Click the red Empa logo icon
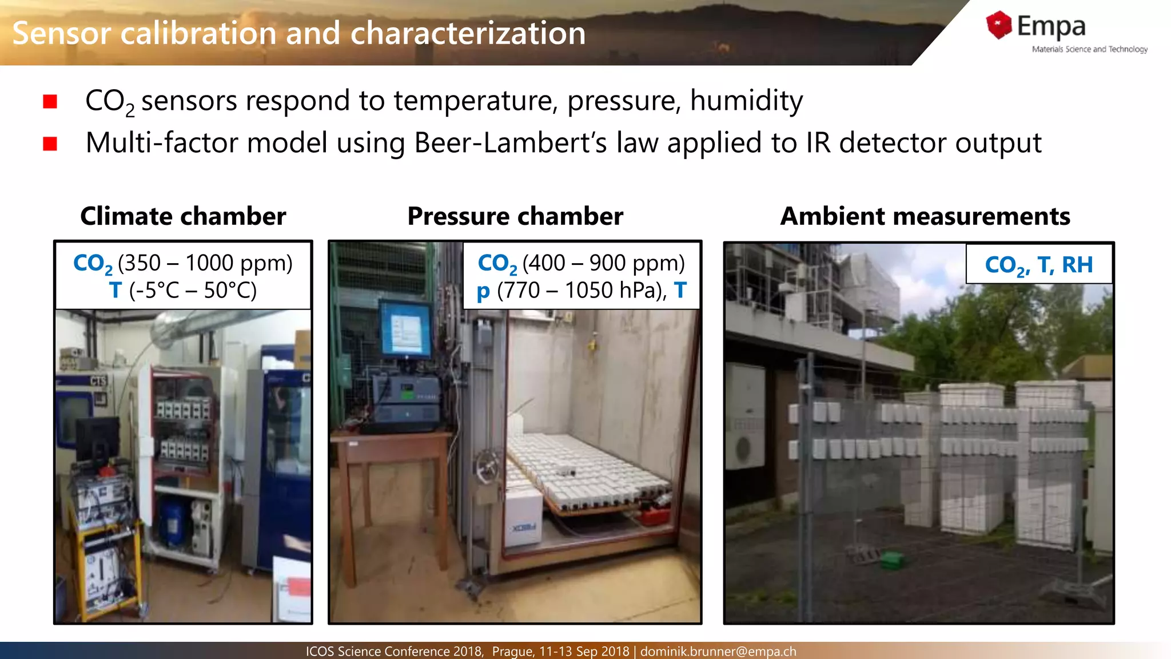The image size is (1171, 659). [998, 25]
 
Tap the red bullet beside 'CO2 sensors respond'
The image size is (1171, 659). [50, 101]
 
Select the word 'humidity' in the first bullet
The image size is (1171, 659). [746, 101]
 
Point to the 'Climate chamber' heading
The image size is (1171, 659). [183, 216]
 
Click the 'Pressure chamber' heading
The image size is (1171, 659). [515, 216]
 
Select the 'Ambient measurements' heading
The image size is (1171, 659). [925, 216]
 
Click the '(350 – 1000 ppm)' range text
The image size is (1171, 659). [205, 263]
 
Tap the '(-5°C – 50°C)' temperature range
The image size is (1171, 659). [193, 291]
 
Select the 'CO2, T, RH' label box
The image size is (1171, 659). [1038, 264]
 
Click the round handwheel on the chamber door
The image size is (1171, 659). [487, 466]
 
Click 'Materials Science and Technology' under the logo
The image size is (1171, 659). [1089, 49]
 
